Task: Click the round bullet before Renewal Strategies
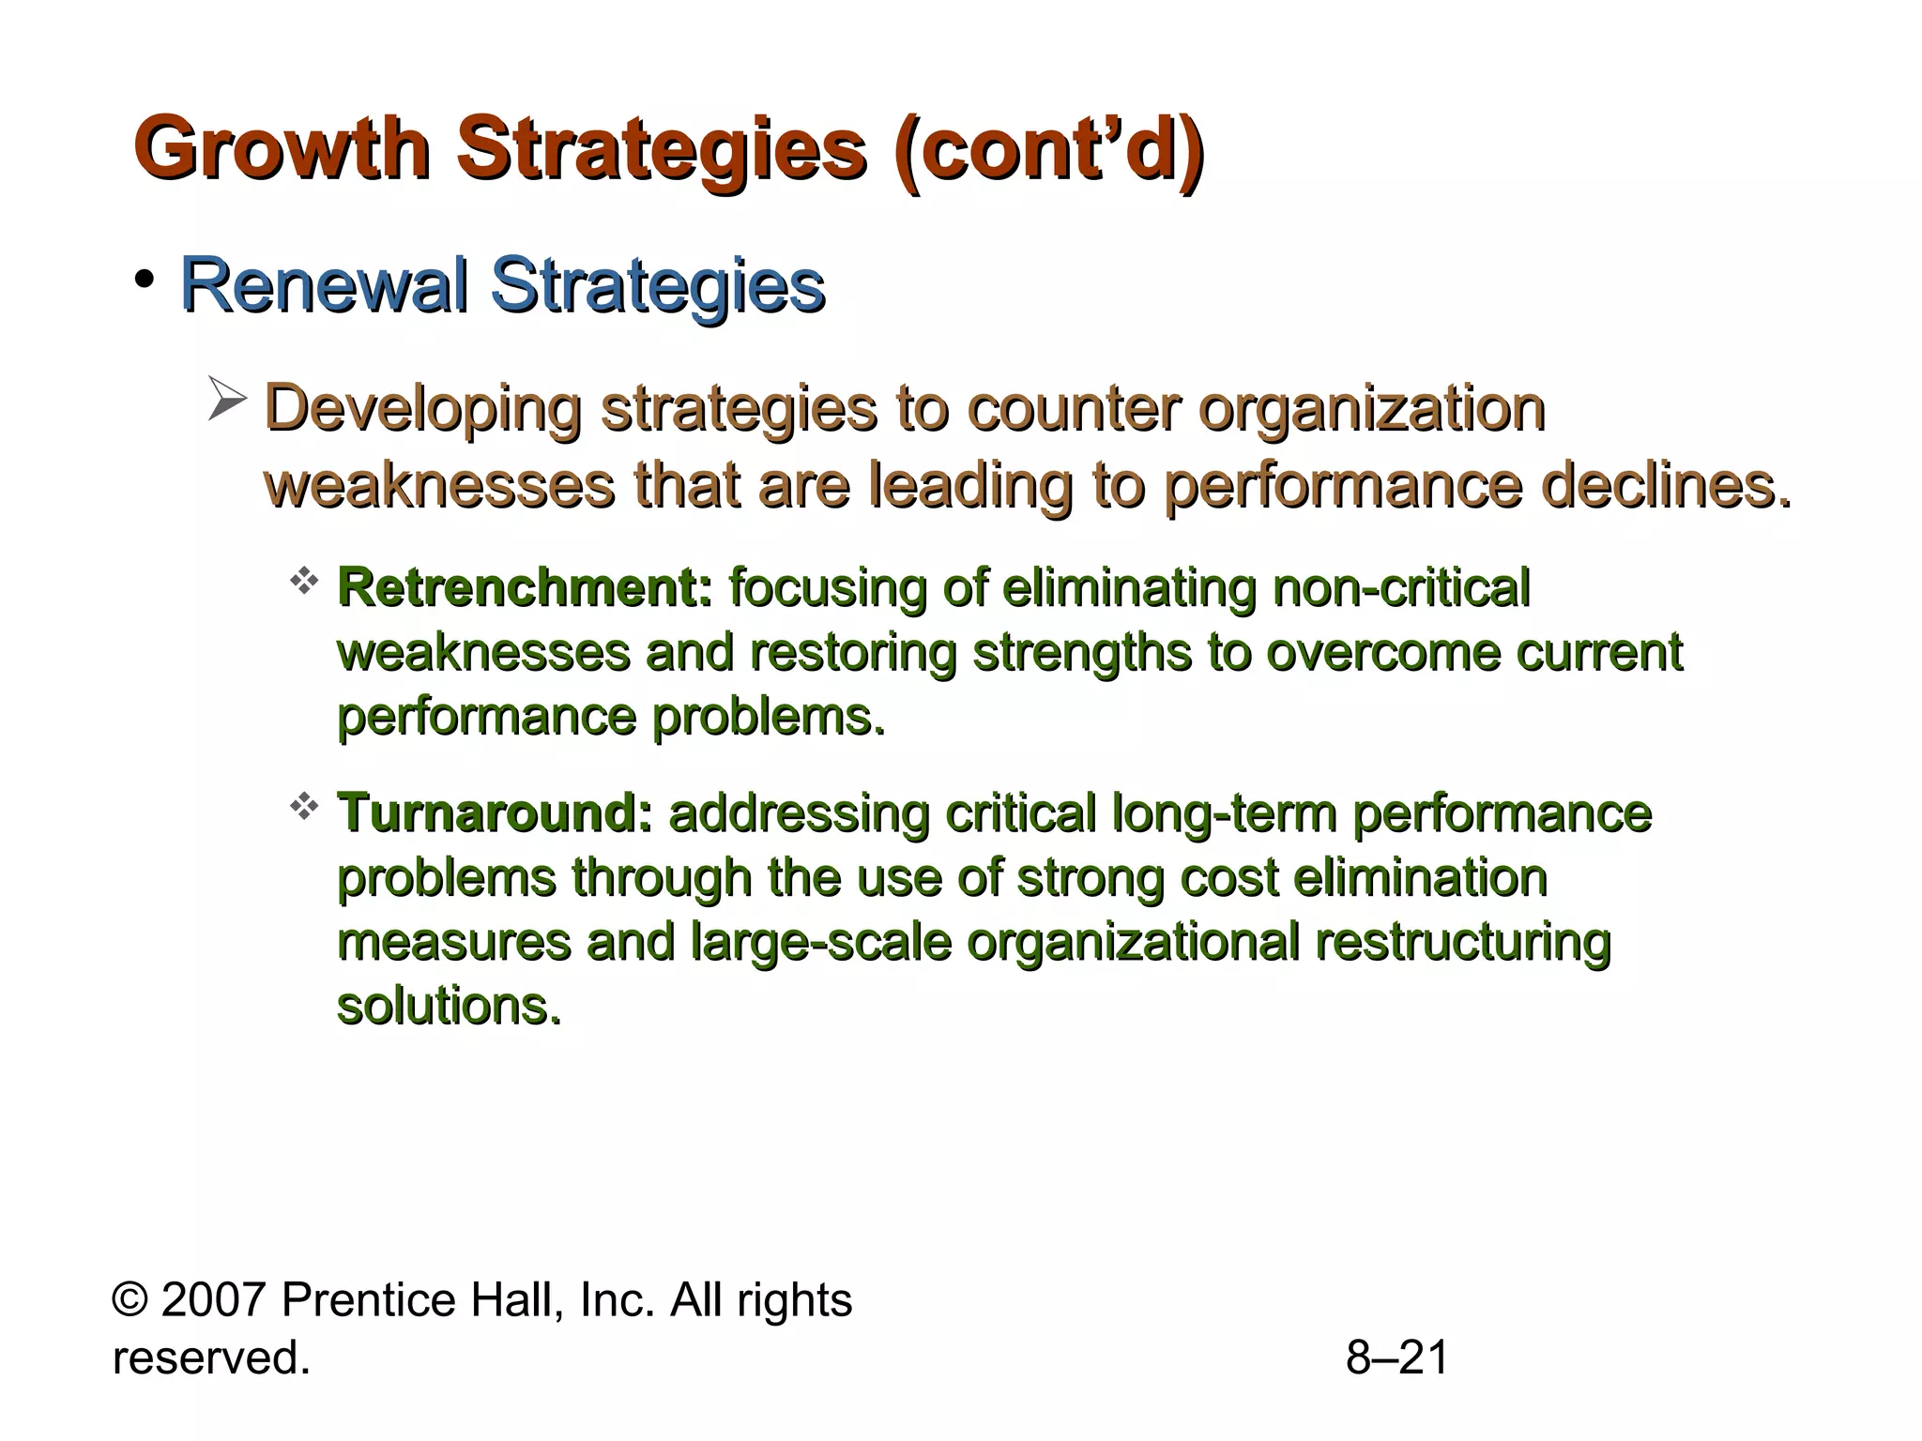tap(144, 279)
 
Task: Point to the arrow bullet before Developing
tap(226, 400)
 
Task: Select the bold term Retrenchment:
tap(525, 588)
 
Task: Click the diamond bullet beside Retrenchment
tap(303, 582)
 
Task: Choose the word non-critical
tap(1401, 588)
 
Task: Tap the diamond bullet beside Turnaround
tap(303, 806)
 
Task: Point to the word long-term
tap(1224, 812)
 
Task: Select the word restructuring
tap(1463, 942)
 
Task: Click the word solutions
tap(449, 1006)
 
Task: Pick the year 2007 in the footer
tap(215, 1300)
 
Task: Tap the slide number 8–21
tap(1397, 1358)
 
